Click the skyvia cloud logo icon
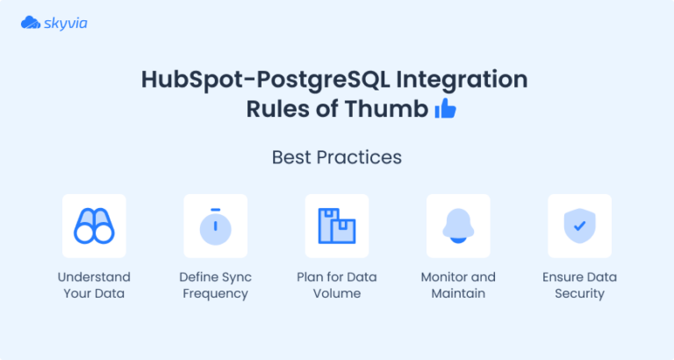pyautogui.click(x=31, y=23)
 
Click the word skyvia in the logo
pyautogui.click(x=66, y=23)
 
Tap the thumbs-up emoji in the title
pyautogui.click(x=446, y=110)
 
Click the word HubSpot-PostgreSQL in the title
pyautogui.click(x=265, y=80)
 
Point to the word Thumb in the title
pyautogui.click(x=393, y=110)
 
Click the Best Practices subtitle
pyautogui.click(x=337, y=158)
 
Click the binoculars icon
pyautogui.click(x=95, y=227)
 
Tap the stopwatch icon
pyautogui.click(x=216, y=227)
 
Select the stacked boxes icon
pyautogui.click(x=337, y=227)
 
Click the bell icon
pyautogui.click(x=458, y=227)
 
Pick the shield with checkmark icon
pyautogui.click(x=579, y=227)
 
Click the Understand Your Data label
pyautogui.click(x=95, y=285)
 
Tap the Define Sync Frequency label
pyautogui.click(x=216, y=285)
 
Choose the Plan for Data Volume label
pyautogui.click(x=337, y=285)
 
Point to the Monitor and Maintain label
pyautogui.click(x=458, y=285)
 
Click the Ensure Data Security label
pyautogui.click(x=579, y=285)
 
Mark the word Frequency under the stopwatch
pyautogui.click(x=216, y=293)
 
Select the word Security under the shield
pyautogui.click(x=579, y=293)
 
